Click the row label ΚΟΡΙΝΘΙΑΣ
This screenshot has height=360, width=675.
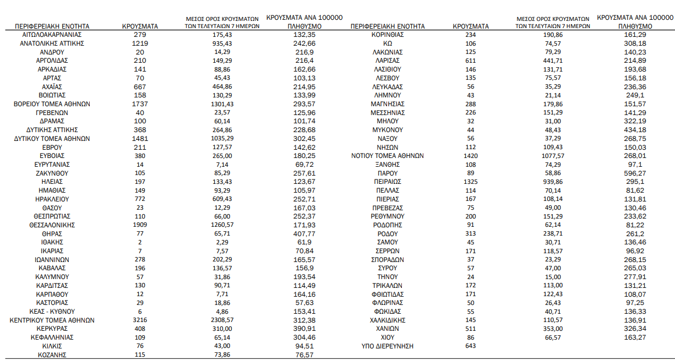pyautogui.click(x=388, y=34)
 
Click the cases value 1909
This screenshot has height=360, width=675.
pyautogui.click(x=140, y=225)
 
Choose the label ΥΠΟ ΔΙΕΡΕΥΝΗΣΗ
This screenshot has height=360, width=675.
pyautogui.click(x=388, y=346)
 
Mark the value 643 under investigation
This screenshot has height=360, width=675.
pyautogui.click(x=470, y=346)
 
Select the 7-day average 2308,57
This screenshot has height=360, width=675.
pyautogui.click(x=222, y=320)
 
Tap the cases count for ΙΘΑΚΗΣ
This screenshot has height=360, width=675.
pyautogui.click(x=140, y=242)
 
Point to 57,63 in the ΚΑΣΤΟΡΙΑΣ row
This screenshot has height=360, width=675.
pyautogui.click(x=304, y=303)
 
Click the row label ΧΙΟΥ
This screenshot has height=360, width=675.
pyautogui.click(x=388, y=337)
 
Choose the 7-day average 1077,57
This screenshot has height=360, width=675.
pyautogui.click(x=553, y=156)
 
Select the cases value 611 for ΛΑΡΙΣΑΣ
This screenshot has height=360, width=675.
pyautogui.click(x=470, y=60)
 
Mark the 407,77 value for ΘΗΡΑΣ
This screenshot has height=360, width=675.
pyautogui.click(x=304, y=233)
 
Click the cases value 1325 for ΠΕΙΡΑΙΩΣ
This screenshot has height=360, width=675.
pyautogui.click(x=470, y=182)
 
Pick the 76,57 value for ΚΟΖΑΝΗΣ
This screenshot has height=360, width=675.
pyautogui.click(x=304, y=355)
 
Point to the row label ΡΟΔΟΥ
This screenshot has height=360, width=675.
pyautogui.click(x=388, y=233)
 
